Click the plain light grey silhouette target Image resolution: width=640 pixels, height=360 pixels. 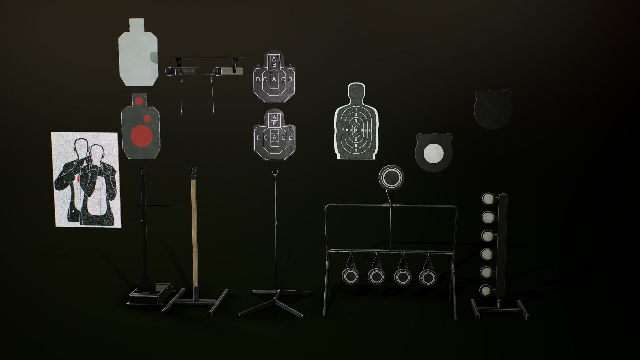138,53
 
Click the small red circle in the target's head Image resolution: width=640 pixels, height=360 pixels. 139,101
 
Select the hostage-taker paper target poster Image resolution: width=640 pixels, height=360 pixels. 86,180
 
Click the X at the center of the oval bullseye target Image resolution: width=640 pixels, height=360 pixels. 356,129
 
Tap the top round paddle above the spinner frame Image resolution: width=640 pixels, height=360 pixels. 391,177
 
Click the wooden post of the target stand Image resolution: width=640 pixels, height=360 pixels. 194,233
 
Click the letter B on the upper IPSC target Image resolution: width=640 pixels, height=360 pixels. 274,64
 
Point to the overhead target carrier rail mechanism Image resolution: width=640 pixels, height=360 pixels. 204,68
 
